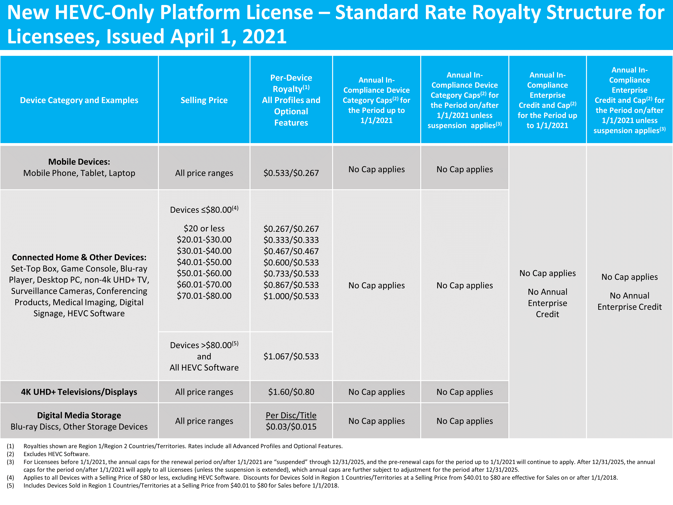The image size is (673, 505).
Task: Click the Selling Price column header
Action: (204, 100)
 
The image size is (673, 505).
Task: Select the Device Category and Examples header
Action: (79, 100)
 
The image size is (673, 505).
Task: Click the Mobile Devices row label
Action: (79, 162)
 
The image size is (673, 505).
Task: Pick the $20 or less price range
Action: (204, 228)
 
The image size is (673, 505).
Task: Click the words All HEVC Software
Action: (204, 367)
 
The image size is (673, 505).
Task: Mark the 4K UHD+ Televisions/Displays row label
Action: (79, 392)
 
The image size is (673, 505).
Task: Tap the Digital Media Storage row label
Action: (79, 415)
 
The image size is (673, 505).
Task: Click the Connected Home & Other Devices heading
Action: (79, 257)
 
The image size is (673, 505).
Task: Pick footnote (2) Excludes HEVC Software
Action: (57, 454)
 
